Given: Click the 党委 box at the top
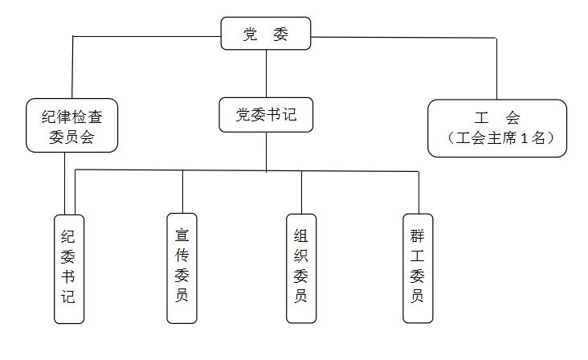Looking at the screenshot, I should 266,34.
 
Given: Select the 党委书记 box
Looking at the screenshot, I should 266,115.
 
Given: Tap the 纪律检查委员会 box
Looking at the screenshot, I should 72,125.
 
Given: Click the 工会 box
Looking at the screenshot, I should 497,126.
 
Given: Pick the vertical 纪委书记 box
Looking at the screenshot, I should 68,268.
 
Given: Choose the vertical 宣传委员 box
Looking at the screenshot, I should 182,268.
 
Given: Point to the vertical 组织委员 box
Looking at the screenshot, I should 300,268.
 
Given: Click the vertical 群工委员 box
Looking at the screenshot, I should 418,268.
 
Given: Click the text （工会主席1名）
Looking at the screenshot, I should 497,137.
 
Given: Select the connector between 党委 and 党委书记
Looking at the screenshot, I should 266,75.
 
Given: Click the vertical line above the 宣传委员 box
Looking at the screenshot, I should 182,191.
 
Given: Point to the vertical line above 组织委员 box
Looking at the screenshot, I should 301,191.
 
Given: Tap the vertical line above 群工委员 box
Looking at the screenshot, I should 419,191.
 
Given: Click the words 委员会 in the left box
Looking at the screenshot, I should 72,137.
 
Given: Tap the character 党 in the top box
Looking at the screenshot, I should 251,34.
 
